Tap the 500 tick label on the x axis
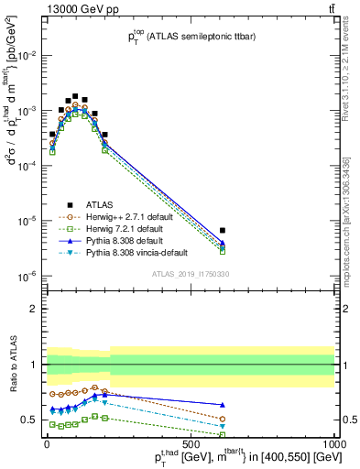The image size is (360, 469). pos(189,444)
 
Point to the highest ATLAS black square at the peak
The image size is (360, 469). pos(75,95)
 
